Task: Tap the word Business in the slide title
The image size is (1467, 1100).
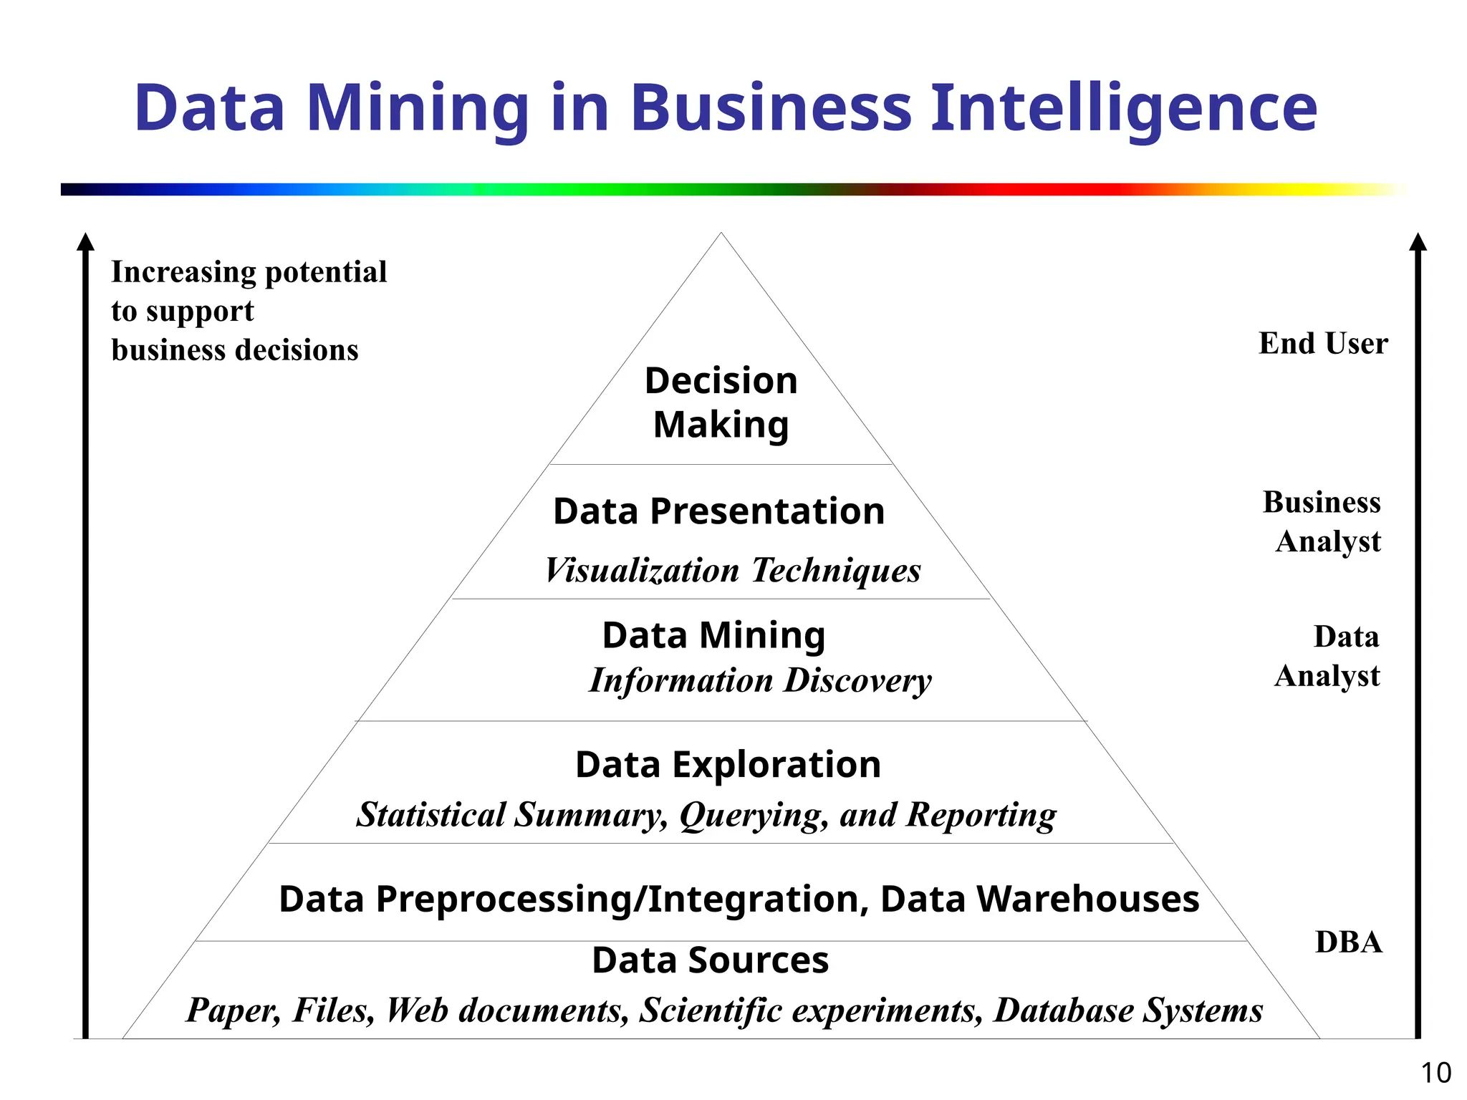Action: pyautogui.click(x=771, y=109)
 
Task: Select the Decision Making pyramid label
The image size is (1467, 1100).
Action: pyautogui.click(x=721, y=402)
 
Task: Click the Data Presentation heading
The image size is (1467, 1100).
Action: pyautogui.click(x=718, y=511)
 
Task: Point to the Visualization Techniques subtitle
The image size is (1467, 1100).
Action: pyautogui.click(x=732, y=571)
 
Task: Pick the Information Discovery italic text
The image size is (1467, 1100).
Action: pyautogui.click(x=759, y=680)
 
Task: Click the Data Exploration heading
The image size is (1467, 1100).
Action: pyautogui.click(x=728, y=765)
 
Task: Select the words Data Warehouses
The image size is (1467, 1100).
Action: pyautogui.click(x=1039, y=899)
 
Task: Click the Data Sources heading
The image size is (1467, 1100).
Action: pyautogui.click(x=710, y=960)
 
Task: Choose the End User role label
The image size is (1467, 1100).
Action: pyautogui.click(x=1323, y=344)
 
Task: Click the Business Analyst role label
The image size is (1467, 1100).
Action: pyautogui.click(x=1324, y=521)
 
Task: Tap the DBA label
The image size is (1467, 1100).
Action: pyautogui.click(x=1349, y=942)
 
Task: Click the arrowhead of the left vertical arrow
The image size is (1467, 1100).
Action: pyautogui.click(x=85, y=242)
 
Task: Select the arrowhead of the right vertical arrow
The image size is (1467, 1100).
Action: pyautogui.click(x=1418, y=242)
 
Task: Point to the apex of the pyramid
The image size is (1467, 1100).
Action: pyautogui.click(x=721, y=233)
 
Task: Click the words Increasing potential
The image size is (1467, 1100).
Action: pyautogui.click(x=249, y=272)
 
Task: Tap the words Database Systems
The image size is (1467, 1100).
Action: pyautogui.click(x=1128, y=1010)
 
